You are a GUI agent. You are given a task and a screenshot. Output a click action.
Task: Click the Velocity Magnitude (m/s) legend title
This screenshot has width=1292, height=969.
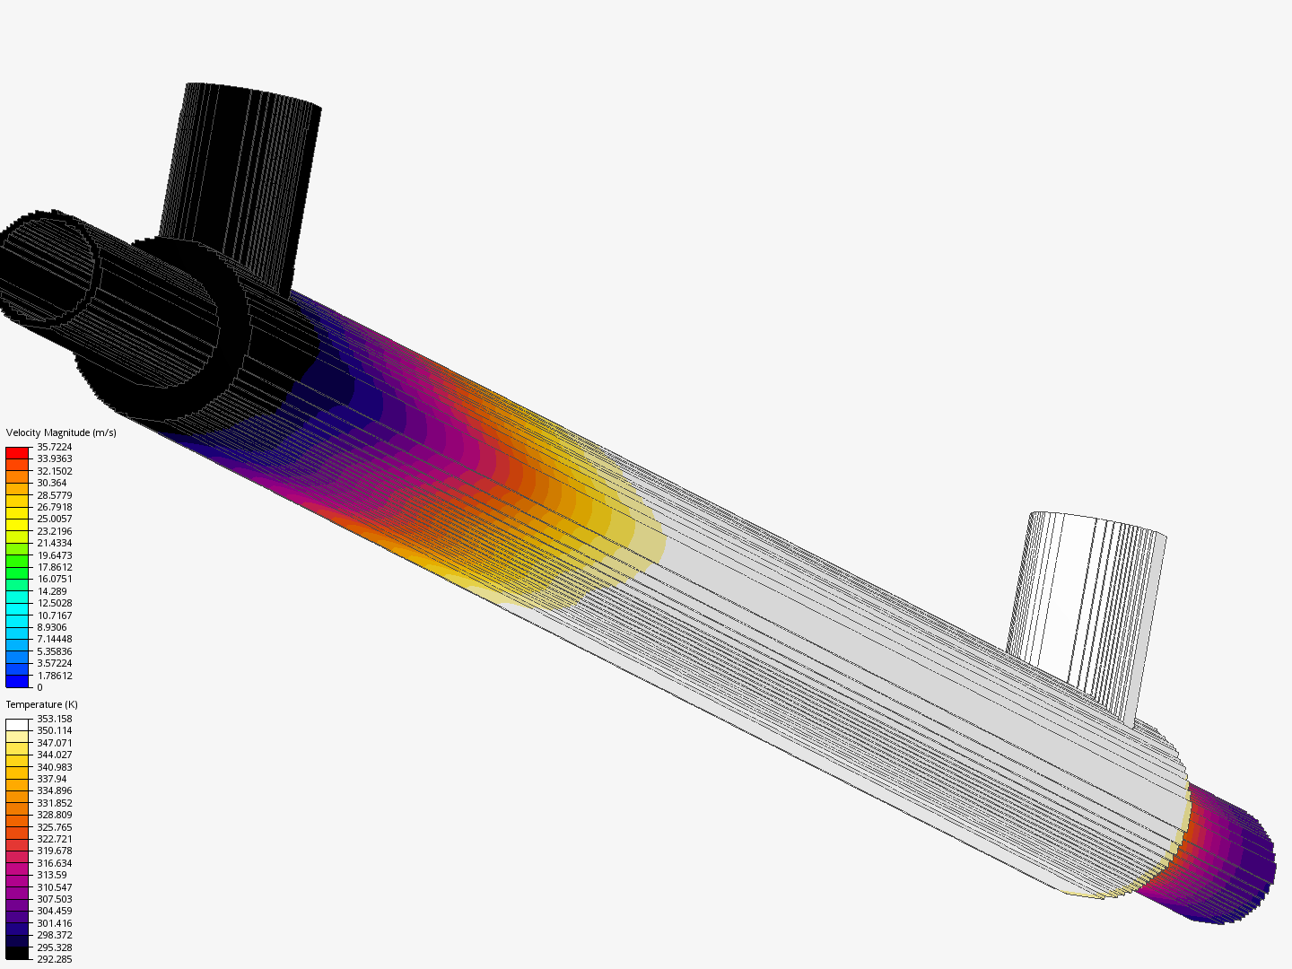click(61, 432)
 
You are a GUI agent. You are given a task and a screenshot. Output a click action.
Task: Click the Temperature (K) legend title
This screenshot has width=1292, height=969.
click(42, 704)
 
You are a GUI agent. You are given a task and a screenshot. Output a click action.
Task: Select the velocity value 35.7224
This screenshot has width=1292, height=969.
click(54, 447)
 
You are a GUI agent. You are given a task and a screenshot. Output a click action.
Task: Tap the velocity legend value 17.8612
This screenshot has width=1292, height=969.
click(54, 567)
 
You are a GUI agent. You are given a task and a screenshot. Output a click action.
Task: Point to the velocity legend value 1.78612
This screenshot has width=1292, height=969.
click(54, 676)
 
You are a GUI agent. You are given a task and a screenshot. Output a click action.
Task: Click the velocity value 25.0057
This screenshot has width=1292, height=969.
click(54, 519)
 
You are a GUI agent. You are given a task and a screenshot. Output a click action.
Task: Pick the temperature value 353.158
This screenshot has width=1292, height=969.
click(54, 719)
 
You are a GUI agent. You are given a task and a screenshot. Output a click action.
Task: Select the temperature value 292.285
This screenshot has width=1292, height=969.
click(54, 959)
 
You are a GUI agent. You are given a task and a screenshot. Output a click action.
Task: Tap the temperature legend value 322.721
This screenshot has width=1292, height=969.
click(54, 839)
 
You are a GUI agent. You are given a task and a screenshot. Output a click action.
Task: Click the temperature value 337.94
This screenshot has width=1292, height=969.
click(52, 779)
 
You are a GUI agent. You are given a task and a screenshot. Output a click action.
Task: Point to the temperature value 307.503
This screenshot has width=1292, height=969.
click(54, 899)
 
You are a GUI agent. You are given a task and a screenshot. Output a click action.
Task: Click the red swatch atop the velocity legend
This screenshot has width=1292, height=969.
click(17, 453)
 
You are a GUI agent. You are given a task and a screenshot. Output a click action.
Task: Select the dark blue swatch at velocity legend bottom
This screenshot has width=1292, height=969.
click(17, 681)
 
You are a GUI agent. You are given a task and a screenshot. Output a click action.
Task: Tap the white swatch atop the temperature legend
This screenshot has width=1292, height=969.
click(17, 725)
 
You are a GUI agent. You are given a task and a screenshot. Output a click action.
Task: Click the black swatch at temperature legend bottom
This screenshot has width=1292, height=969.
click(17, 953)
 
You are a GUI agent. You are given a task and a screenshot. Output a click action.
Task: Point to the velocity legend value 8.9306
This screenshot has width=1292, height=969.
click(52, 627)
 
